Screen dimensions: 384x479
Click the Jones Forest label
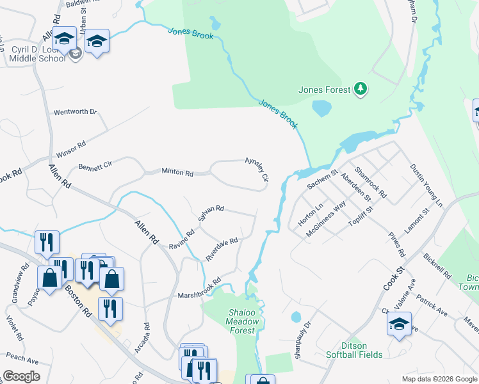tap(325, 90)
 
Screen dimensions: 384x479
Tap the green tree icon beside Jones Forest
tap(361, 89)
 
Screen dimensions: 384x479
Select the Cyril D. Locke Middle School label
tap(37, 54)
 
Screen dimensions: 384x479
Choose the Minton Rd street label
tap(177, 172)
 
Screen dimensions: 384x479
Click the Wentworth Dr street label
tap(75, 112)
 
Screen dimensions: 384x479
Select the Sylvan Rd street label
tap(211, 215)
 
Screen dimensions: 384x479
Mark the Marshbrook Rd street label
tap(199, 289)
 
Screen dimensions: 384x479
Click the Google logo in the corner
tap(21, 376)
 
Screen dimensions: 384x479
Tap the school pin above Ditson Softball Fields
tap(399, 323)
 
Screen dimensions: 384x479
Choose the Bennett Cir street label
tap(95, 166)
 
